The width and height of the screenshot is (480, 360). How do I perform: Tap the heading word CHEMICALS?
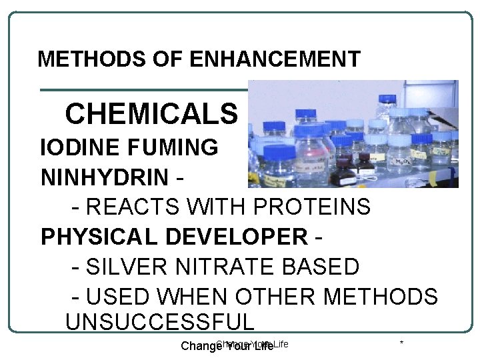(151, 114)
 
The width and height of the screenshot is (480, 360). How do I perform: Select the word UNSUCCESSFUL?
(160, 321)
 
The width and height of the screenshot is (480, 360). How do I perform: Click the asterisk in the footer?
(401, 344)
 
